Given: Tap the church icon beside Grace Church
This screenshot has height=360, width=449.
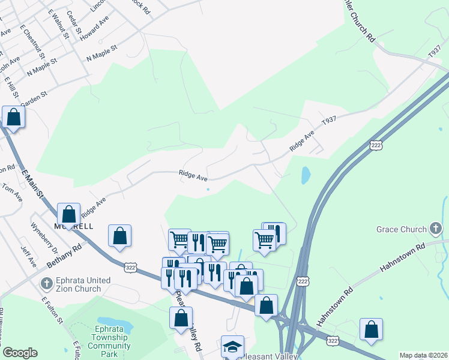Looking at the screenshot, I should (436, 229).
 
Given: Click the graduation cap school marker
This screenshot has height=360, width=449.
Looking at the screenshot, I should (232, 346).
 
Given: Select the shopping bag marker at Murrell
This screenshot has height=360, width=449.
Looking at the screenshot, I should (69, 214).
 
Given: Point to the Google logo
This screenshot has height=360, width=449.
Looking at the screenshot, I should (20, 352).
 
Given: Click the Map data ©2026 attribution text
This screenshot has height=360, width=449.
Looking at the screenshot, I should (423, 355).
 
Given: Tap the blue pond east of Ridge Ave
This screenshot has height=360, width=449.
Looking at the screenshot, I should (306, 175).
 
